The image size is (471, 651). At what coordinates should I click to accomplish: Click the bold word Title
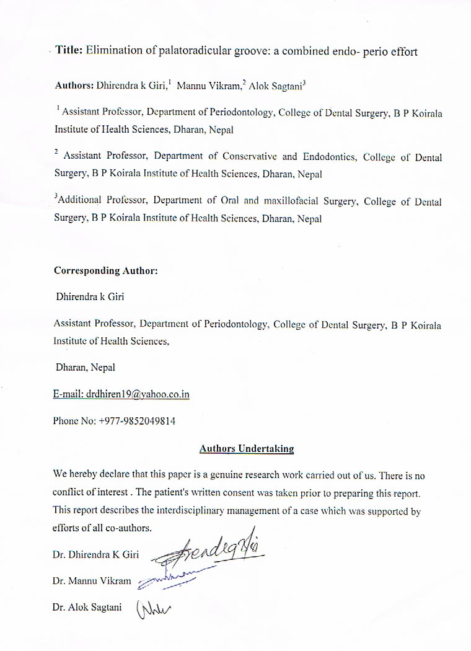(x=68, y=51)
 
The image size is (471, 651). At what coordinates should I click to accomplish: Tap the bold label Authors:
(x=74, y=85)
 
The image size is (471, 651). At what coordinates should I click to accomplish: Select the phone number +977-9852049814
(x=137, y=421)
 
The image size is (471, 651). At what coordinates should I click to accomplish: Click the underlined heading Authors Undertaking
(x=247, y=448)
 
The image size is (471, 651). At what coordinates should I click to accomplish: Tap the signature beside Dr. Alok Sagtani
(x=152, y=609)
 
